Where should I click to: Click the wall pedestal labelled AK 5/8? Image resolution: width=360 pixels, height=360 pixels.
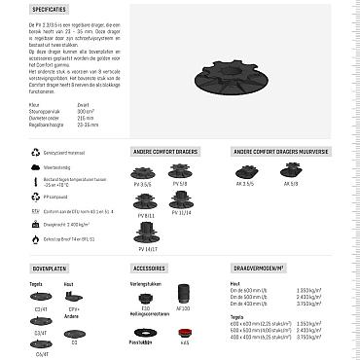[x=290, y=171]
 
